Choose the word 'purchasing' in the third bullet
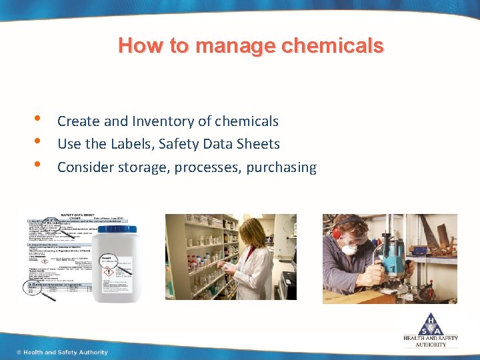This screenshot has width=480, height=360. click(x=281, y=167)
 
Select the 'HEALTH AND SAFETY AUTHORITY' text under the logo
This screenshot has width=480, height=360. click(x=431, y=341)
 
